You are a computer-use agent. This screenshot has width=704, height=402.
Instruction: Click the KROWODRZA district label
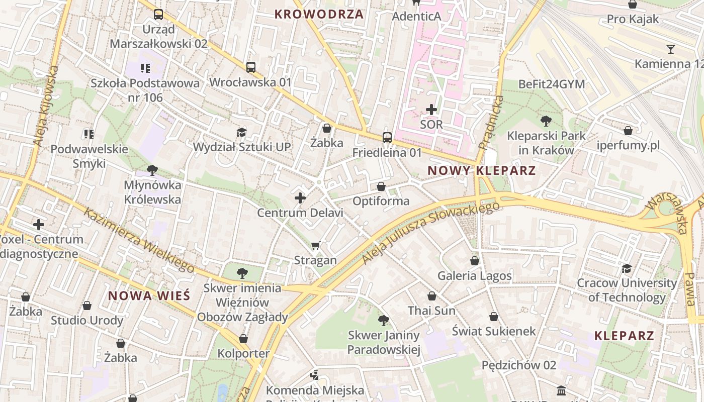tap(319, 14)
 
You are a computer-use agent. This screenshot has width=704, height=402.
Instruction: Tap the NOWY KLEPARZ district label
tap(481, 170)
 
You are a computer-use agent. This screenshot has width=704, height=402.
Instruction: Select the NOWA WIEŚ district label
tap(149, 295)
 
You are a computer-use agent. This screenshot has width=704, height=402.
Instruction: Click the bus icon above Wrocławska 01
tap(250, 67)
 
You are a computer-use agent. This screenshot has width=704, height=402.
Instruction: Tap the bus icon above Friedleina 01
tap(387, 137)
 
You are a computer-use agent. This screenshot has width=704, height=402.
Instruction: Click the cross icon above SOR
tap(431, 109)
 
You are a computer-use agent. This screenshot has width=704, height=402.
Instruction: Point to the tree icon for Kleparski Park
tap(546, 121)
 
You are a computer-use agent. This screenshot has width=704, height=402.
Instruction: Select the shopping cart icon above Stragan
tap(315, 245)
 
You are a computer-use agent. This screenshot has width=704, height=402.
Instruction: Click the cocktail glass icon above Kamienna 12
tap(670, 49)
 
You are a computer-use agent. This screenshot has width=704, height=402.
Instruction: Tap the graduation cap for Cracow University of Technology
tap(627, 268)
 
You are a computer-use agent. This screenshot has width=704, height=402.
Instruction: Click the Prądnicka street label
tap(491, 123)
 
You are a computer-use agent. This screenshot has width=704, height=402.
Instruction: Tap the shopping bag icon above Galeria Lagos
tap(474, 261)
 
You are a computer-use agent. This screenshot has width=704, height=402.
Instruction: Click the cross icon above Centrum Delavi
tap(300, 198)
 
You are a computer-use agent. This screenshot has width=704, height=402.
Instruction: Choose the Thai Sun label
tap(431, 311)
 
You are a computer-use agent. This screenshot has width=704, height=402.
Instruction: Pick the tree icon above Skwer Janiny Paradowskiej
tap(383, 320)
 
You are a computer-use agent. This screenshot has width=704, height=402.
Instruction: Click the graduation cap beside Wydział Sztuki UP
tap(242, 132)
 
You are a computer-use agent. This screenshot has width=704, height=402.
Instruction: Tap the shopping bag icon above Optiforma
tap(381, 186)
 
